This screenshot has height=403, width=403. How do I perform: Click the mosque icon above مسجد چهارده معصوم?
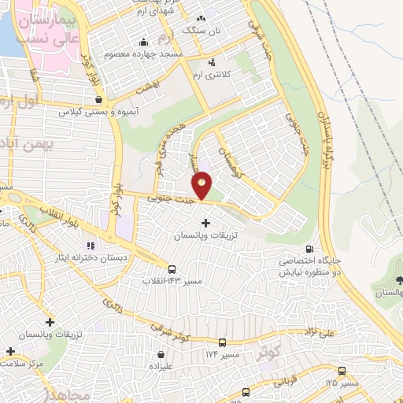point(142,43)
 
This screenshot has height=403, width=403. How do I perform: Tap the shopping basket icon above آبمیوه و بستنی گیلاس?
point(98,101)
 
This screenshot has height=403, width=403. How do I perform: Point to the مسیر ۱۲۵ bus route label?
point(341,383)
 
